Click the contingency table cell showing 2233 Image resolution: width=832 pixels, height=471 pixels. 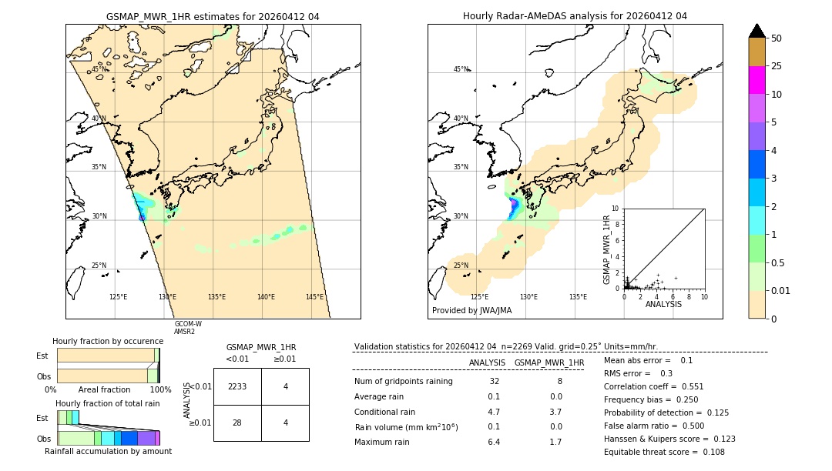(x=237, y=386)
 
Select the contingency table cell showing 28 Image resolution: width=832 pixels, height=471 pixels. (x=237, y=423)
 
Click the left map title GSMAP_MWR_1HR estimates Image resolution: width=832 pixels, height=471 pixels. (x=213, y=16)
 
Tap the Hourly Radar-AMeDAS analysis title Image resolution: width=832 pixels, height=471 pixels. (x=575, y=16)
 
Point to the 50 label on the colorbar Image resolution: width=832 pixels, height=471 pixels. (x=777, y=38)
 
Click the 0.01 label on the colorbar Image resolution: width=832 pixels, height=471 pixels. (x=782, y=290)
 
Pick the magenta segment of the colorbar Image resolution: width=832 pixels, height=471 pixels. (x=757, y=80)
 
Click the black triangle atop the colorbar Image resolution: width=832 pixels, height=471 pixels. (x=757, y=31)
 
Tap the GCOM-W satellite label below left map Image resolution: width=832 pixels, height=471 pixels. (x=188, y=324)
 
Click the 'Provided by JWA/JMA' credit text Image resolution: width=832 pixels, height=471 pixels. (x=471, y=311)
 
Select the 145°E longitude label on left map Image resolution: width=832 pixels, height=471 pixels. (x=314, y=297)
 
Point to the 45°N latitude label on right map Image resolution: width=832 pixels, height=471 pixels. (x=461, y=69)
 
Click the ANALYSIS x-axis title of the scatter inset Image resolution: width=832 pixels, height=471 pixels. (x=664, y=304)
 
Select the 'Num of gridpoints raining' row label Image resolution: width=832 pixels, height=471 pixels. (x=403, y=381)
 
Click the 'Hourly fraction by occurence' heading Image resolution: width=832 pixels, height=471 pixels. (x=108, y=341)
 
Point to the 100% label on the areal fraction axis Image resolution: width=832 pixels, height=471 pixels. (x=160, y=390)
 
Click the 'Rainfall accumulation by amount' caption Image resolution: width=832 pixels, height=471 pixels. (x=108, y=451)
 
